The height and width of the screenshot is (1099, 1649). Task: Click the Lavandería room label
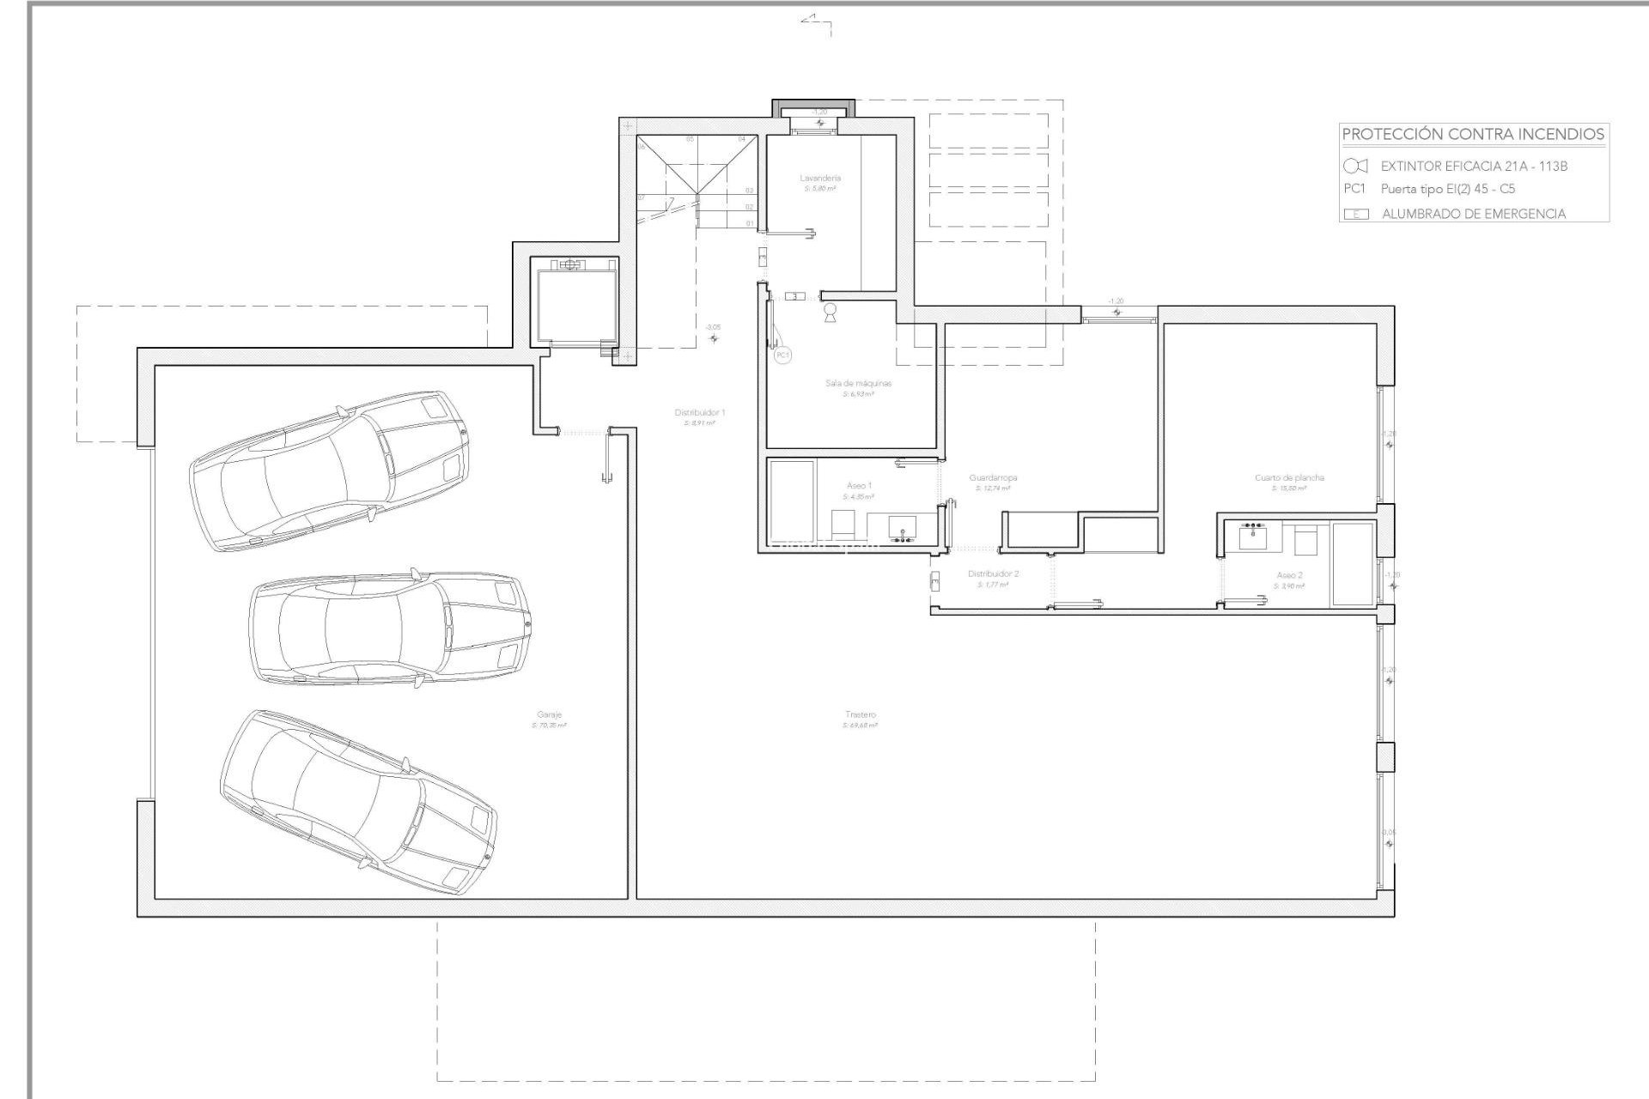(x=819, y=179)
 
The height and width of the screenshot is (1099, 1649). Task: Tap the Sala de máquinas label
(x=858, y=383)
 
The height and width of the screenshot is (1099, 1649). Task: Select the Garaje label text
(x=549, y=714)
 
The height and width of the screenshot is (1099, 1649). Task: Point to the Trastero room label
(x=860, y=714)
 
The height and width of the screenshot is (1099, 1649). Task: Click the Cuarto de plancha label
(x=1289, y=477)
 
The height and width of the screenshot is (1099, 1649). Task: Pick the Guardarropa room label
(x=993, y=477)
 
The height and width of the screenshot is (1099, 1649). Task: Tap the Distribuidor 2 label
(x=993, y=574)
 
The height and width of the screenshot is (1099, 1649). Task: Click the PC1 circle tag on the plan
(x=782, y=355)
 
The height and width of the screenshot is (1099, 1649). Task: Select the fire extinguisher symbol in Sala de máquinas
(x=830, y=312)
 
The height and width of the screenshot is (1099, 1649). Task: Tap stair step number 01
(x=750, y=223)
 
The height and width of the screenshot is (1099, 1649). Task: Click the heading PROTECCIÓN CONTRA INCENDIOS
(x=1473, y=134)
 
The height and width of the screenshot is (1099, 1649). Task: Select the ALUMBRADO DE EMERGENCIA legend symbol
(x=1355, y=214)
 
